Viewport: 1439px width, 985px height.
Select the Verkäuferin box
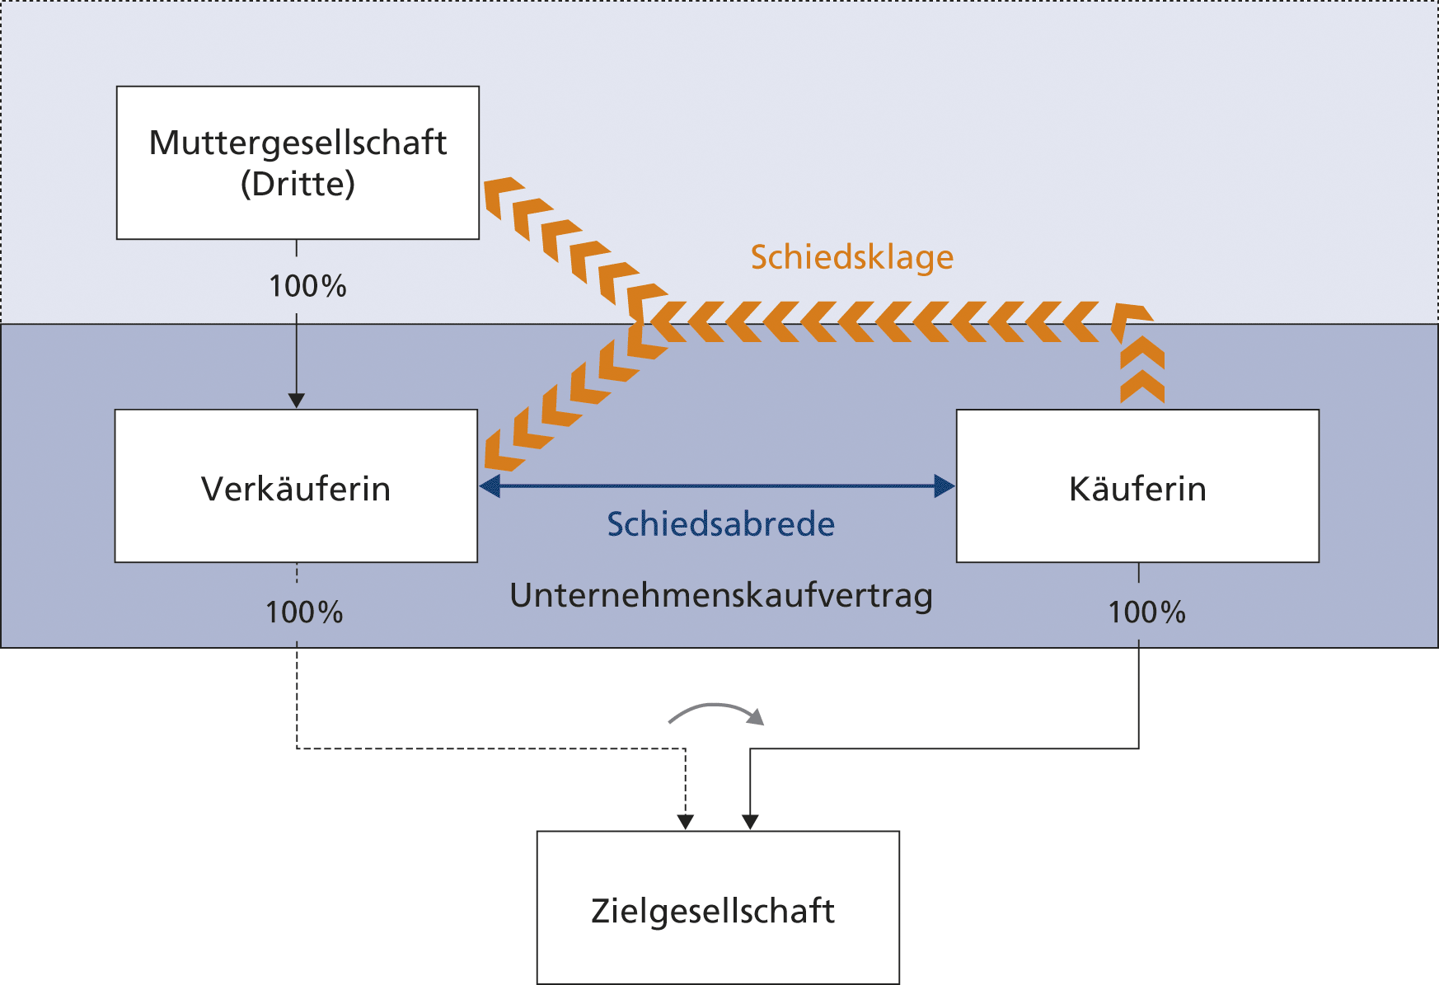tap(296, 486)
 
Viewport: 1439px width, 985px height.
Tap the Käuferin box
tap(1137, 486)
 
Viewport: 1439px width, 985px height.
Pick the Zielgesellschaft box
tap(717, 908)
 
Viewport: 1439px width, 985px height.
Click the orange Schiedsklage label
tap(851, 257)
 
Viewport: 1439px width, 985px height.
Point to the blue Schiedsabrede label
tap(720, 524)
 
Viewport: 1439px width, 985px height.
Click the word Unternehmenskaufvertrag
tap(720, 595)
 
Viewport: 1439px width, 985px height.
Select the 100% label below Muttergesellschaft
tap(307, 287)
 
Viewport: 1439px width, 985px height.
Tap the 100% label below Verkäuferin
tap(304, 612)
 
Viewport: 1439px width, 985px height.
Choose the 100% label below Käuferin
tap(1146, 612)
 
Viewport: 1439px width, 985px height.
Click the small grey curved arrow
tap(716, 712)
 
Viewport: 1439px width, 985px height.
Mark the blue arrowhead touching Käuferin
tap(944, 486)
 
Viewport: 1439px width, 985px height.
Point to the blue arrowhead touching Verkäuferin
tap(490, 486)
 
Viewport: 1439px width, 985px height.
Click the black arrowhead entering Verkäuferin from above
tap(297, 401)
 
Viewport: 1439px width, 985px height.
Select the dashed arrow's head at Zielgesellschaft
tap(686, 822)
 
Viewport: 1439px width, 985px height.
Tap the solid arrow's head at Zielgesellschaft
tap(750, 822)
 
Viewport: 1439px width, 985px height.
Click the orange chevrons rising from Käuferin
tap(1142, 371)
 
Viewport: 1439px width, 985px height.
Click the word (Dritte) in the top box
tap(298, 184)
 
